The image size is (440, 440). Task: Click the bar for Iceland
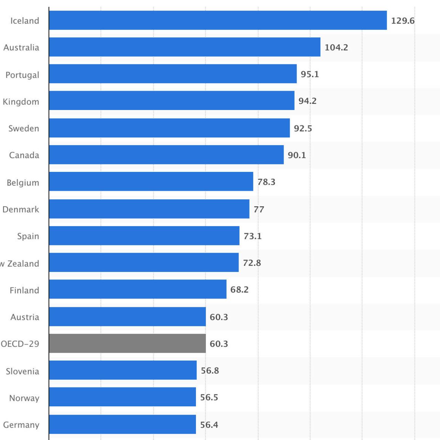tap(218, 20)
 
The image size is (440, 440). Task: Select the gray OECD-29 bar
tap(127, 343)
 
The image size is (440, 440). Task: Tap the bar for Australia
tap(185, 47)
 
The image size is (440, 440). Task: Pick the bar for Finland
tap(137, 289)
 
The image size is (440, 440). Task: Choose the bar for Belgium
tap(151, 181)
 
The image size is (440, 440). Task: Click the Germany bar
tap(122, 424)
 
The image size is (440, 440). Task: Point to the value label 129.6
tap(403, 21)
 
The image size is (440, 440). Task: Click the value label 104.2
tap(336, 47)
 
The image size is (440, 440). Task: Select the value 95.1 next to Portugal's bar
tap(310, 74)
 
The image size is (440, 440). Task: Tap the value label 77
tap(259, 209)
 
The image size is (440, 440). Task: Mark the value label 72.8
tap(252, 263)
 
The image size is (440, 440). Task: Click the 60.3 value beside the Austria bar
tap(219, 317)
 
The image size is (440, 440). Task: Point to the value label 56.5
tap(209, 397)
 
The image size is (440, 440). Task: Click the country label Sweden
tap(24, 129)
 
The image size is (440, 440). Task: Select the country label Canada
tap(24, 155)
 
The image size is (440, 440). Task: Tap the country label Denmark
tap(21, 209)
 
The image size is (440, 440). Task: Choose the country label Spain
tap(28, 236)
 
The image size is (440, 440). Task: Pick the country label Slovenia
tap(22, 371)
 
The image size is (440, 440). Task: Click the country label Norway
tap(24, 398)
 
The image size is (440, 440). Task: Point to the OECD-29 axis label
tap(20, 344)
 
